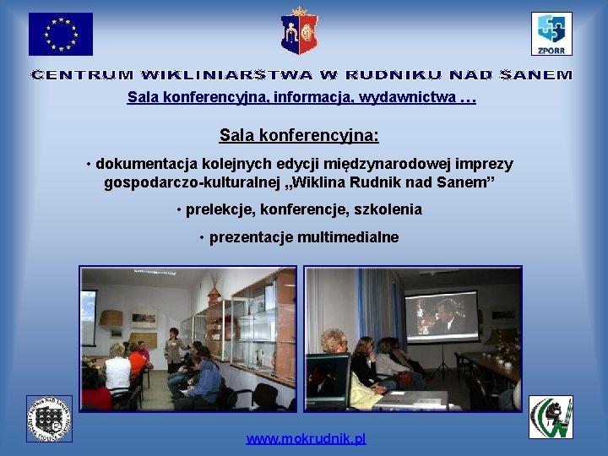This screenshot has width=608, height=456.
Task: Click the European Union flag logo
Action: coord(61,35)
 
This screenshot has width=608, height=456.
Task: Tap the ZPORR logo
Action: coord(551,34)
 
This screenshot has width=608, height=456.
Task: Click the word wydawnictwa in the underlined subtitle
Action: coord(407,98)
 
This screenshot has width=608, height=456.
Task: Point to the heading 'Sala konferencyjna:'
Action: coord(299,135)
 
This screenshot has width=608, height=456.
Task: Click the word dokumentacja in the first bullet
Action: coord(138,164)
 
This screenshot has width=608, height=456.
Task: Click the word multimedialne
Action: coord(346,237)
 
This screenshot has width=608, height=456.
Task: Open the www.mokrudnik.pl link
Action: coord(306,440)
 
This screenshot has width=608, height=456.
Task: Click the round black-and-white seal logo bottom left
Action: coord(49,418)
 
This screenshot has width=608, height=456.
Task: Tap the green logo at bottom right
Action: coord(551,417)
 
